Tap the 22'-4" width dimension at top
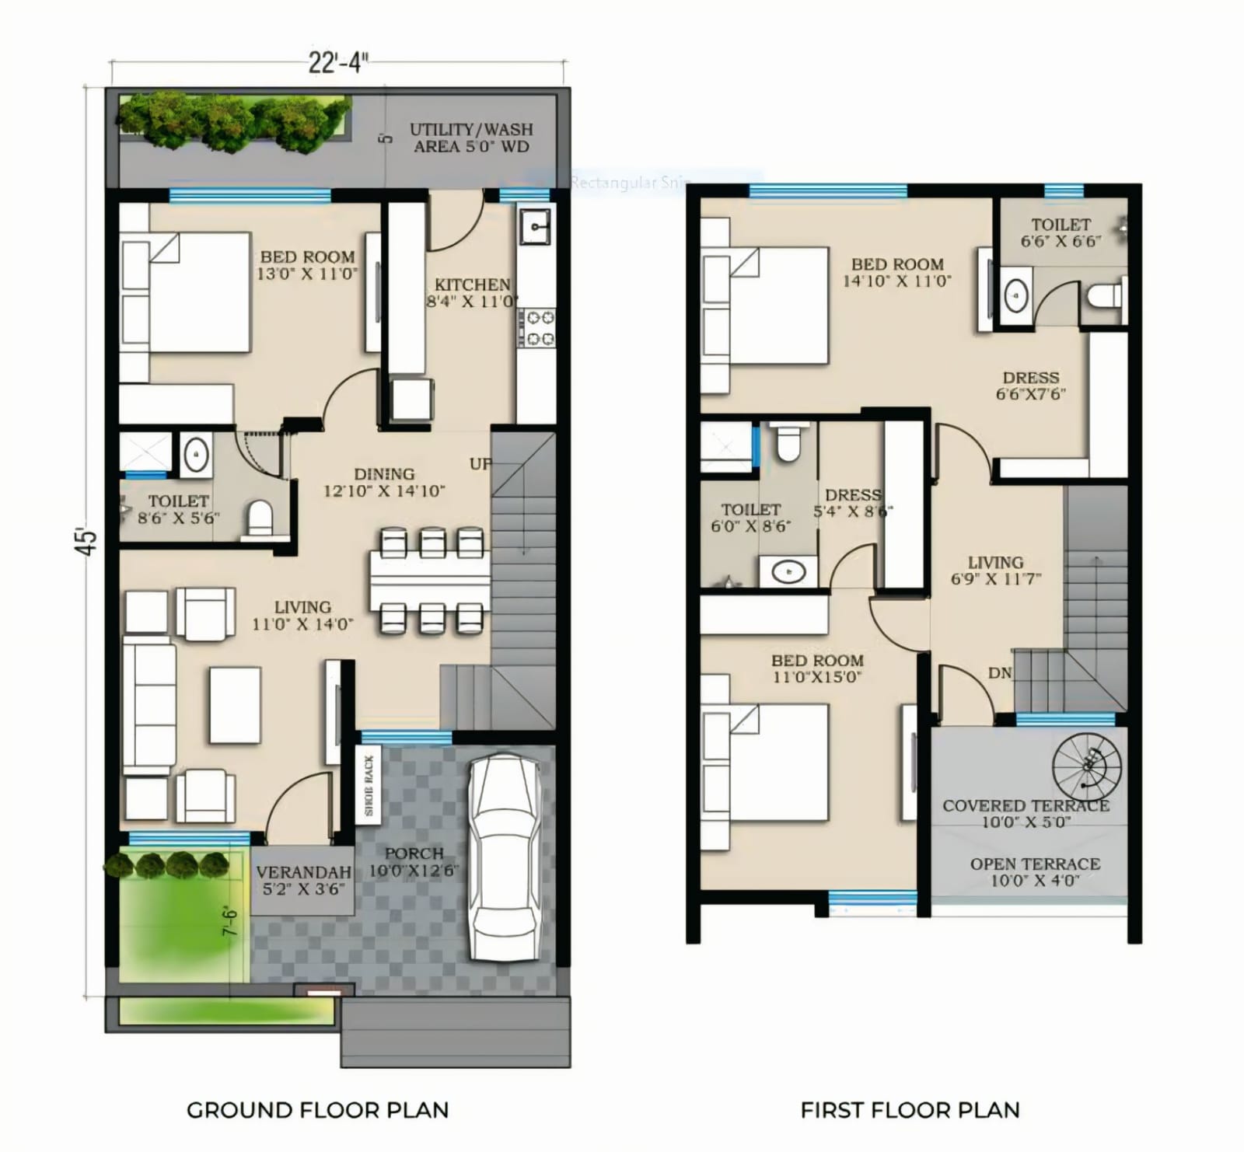click(x=337, y=62)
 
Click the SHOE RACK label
click(x=369, y=786)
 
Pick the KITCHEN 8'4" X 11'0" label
click(x=472, y=293)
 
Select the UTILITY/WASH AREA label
click(x=471, y=138)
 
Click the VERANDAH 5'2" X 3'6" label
click(x=303, y=881)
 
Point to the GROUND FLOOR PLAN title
click(x=317, y=1109)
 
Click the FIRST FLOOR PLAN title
click(x=910, y=1109)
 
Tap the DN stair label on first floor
click(x=1000, y=673)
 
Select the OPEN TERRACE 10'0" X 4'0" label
click(x=1034, y=872)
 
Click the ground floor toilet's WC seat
click(x=258, y=518)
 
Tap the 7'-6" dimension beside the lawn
click(x=231, y=920)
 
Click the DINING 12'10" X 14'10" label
click(x=383, y=482)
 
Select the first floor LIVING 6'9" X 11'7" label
click(x=995, y=570)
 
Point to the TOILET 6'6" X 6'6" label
click(x=1061, y=232)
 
